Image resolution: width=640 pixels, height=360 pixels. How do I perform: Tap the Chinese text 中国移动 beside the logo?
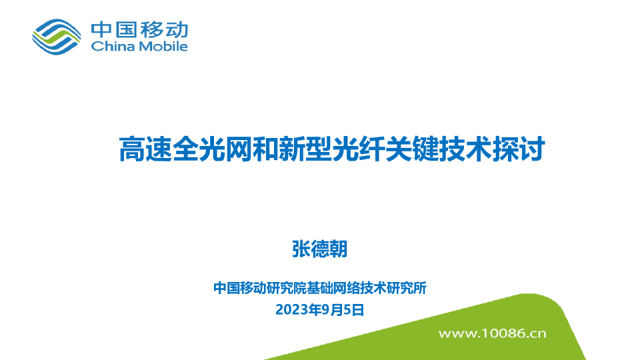coord(139,29)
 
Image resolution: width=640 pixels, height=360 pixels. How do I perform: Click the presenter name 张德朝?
coord(320,249)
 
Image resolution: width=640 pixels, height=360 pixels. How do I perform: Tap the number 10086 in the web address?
coord(502,332)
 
